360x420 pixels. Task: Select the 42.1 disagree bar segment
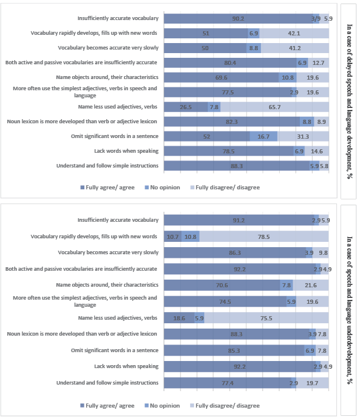(293, 33)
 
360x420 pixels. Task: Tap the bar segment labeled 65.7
(274, 107)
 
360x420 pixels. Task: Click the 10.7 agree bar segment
(172, 236)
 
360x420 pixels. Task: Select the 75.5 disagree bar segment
(266, 317)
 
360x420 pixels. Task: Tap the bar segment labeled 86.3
(234, 252)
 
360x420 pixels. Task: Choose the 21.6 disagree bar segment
(310, 285)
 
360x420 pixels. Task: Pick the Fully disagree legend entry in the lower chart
(227, 405)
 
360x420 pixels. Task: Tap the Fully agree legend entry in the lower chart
(109, 405)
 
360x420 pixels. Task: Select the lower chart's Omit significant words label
(120, 350)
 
